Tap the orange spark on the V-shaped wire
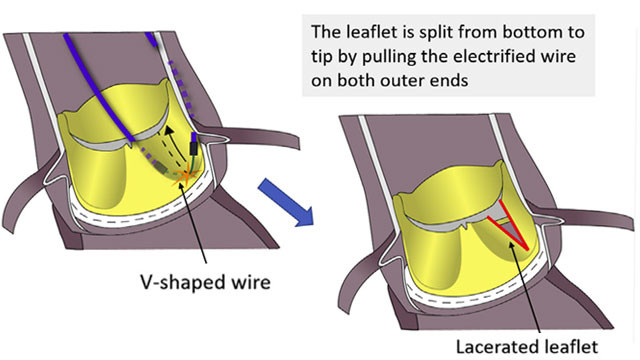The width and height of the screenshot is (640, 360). click(187, 176)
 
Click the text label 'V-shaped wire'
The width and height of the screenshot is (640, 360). click(205, 282)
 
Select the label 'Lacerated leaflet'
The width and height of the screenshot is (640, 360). click(527, 347)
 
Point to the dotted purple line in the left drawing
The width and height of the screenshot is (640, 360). click(182, 90)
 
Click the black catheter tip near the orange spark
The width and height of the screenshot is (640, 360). click(193, 148)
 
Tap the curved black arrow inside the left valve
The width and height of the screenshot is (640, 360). click(176, 143)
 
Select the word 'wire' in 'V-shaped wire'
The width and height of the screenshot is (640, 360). click(253, 282)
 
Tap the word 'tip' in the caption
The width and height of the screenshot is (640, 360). click(322, 57)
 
